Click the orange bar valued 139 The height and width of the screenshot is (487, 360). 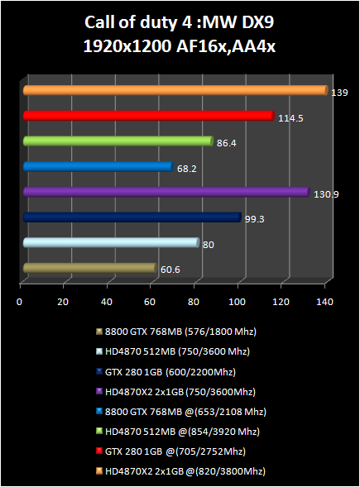click(x=175, y=90)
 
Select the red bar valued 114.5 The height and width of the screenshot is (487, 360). click(x=149, y=116)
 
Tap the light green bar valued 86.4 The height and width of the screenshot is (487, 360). click(x=118, y=141)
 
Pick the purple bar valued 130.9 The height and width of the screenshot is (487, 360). click(x=166, y=192)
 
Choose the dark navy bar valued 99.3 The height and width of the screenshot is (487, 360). click(x=132, y=217)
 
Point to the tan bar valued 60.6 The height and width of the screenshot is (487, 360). click(x=90, y=268)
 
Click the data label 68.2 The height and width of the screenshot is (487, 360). click(x=186, y=169)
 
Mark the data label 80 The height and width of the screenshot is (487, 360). click(x=209, y=245)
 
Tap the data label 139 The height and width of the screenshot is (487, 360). click(x=339, y=93)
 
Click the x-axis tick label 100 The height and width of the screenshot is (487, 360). click(x=237, y=302)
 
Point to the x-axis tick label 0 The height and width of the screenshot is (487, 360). click(x=20, y=302)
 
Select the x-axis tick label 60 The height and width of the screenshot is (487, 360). click(x=150, y=302)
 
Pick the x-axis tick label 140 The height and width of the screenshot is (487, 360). click(x=324, y=302)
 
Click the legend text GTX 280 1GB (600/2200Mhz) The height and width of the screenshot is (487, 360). click(x=170, y=372)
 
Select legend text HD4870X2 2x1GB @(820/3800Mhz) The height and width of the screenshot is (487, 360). click(x=185, y=471)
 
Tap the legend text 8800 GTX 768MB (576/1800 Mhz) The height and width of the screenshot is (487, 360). click(x=180, y=332)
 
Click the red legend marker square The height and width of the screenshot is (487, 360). click(x=99, y=451)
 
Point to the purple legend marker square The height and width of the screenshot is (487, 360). click(x=99, y=392)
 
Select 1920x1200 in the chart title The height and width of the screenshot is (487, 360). click(x=127, y=46)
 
